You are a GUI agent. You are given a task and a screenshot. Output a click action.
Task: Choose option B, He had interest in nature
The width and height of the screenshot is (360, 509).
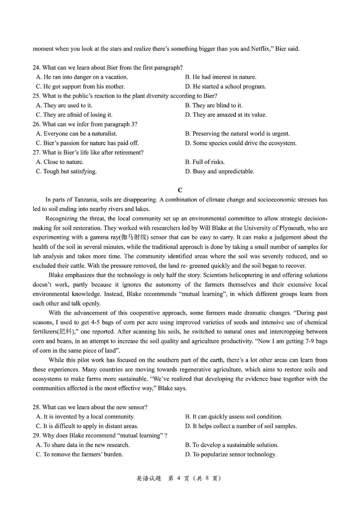click(x=220, y=77)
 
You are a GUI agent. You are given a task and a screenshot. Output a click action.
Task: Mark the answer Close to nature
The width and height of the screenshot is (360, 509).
click(x=60, y=162)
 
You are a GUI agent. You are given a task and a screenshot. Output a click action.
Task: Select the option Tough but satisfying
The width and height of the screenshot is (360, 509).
click(x=66, y=172)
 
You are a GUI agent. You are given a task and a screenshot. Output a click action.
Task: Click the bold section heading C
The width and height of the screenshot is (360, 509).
click(x=180, y=190)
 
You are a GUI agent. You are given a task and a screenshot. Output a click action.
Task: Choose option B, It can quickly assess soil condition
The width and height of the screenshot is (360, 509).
click(x=234, y=417)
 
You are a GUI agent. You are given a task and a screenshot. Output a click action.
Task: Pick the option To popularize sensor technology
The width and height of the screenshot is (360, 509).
click(x=230, y=454)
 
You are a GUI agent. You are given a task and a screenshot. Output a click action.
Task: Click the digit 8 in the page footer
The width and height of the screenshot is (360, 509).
click(x=207, y=478)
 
